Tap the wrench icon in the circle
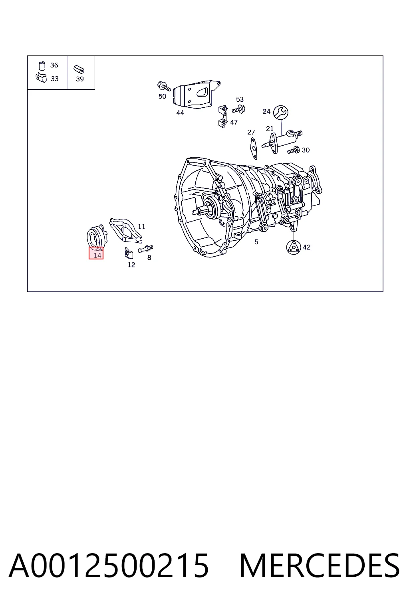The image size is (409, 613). click(x=281, y=112)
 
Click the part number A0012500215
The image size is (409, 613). click(x=109, y=566)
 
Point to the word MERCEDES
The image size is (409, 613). click(x=320, y=566)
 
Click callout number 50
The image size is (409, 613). click(x=163, y=96)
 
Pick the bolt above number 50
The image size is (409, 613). click(x=164, y=86)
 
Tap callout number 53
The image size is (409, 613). click(x=240, y=99)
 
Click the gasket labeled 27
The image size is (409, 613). click(x=254, y=148)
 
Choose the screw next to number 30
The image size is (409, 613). click(x=293, y=150)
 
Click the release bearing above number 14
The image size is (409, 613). click(x=97, y=236)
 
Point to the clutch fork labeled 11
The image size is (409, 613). click(x=126, y=230)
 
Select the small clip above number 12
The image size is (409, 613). click(x=129, y=253)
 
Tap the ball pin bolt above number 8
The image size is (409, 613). click(x=145, y=249)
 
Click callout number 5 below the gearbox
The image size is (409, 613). click(x=256, y=242)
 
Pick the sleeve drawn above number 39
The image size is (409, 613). click(x=79, y=69)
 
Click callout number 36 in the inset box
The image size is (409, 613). click(x=54, y=65)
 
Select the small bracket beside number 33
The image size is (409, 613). click(x=42, y=78)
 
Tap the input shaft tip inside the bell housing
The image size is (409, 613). click(x=197, y=212)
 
